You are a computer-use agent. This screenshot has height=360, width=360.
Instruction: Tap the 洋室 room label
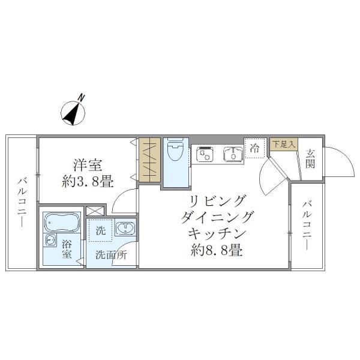tap(86, 163)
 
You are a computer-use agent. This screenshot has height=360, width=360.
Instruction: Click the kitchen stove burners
tap(205, 154)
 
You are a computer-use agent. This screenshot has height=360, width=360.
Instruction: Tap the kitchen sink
tap(230, 154)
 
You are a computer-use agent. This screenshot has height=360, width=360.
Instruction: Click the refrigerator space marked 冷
tap(254, 149)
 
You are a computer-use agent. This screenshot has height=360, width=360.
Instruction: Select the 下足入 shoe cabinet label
tap(283, 144)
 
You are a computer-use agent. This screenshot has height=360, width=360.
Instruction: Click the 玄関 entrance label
tap(310, 158)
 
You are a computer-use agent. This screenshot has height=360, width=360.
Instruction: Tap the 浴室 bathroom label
tap(66, 248)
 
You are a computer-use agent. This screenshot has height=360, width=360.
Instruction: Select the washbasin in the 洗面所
tap(125, 228)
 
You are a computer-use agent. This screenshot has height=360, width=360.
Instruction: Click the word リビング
tap(218, 200)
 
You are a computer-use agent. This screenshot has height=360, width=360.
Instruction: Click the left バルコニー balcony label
tap(22, 202)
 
